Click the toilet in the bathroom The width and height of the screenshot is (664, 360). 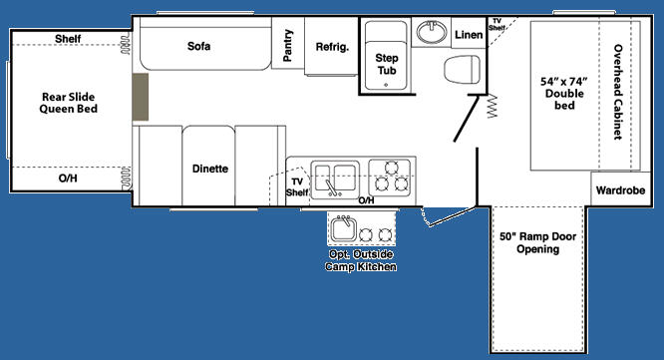462,69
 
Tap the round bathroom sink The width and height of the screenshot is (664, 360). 432,32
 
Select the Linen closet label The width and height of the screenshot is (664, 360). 469,35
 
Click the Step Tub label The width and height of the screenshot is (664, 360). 386,64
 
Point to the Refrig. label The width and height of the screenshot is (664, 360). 332,47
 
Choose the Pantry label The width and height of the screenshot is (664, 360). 287,45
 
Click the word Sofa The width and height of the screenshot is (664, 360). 198,46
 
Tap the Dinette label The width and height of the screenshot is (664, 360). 210,169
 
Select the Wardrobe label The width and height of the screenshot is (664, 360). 620,190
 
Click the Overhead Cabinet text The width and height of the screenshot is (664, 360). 618,92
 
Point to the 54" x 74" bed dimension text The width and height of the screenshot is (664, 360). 564,82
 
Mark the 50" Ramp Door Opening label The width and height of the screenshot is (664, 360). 537,242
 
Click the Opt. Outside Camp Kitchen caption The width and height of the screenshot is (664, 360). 361,260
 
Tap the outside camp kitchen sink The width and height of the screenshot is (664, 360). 343,227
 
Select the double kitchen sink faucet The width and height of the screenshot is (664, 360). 332,187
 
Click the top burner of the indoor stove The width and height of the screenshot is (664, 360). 391,168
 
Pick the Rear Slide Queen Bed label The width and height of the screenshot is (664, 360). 68,103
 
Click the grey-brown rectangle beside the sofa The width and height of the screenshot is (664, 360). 141,97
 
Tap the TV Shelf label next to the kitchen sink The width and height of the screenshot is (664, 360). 297,186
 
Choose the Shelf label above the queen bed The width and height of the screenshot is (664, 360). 68,39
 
